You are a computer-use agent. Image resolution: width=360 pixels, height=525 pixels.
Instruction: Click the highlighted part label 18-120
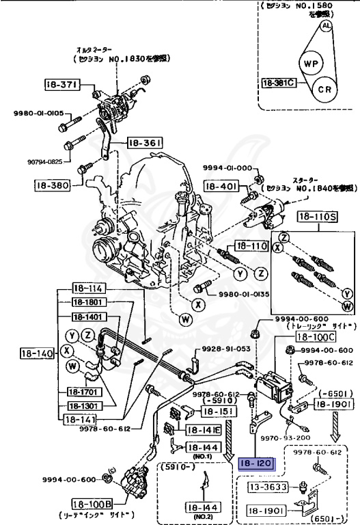[255, 463]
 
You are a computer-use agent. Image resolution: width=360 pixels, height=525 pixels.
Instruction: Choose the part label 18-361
[145, 144]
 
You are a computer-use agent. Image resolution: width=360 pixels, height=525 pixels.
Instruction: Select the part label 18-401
[221, 186]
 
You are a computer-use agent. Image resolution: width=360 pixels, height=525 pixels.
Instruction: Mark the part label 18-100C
[315, 337]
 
